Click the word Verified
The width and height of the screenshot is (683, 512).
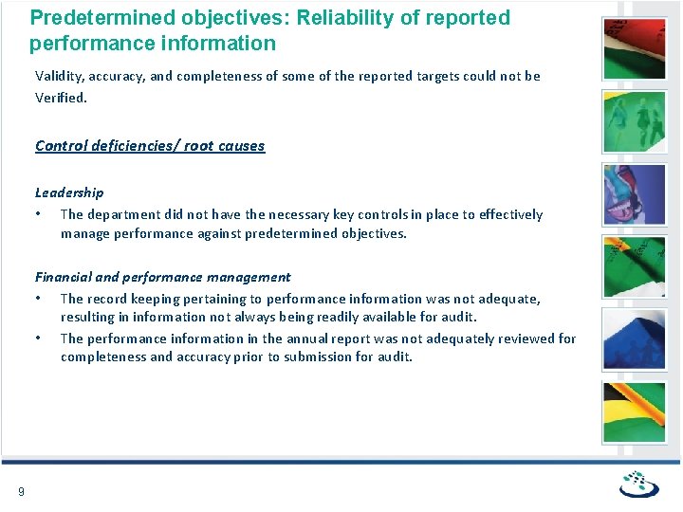61,97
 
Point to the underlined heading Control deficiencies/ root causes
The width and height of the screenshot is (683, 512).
150,145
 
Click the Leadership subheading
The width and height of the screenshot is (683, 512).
69,192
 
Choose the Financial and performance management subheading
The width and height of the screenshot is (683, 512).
163,277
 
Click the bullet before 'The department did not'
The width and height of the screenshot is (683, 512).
38,214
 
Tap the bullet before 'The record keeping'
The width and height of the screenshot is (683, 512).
38,299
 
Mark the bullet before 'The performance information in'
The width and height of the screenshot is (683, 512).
38,338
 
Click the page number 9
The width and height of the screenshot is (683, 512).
21,490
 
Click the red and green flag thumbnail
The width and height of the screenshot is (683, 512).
635,47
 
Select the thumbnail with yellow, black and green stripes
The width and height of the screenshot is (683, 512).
635,412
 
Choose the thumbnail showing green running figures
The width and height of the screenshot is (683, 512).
635,120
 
